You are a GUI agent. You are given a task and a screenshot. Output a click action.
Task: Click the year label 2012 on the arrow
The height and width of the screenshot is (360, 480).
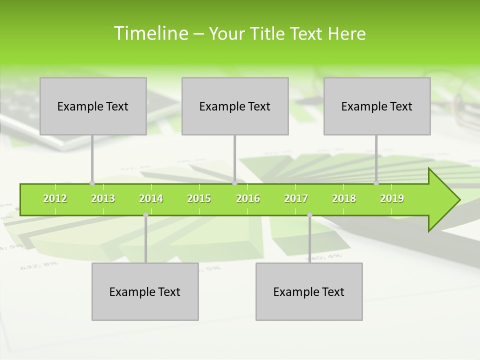pyautogui.click(x=55, y=198)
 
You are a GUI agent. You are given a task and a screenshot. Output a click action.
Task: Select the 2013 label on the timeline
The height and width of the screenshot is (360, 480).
pyautogui.click(x=103, y=198)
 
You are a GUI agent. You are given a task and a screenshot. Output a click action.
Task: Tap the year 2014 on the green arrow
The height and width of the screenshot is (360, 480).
pyautogui.click(x=151, y=198)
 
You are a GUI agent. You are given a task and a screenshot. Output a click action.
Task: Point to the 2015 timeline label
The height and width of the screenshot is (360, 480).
pyautogui.click(x=199, y=198)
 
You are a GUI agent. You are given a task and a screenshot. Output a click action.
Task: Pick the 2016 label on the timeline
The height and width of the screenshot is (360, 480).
pyautogui.click(x=248, y=198)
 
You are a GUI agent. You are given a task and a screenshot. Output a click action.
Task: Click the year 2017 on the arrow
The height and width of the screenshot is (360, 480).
pyautogui.click(x=296, y=198)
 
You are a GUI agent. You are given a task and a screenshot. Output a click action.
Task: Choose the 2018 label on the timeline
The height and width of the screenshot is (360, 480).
pyautogui.click(x=344, y=198)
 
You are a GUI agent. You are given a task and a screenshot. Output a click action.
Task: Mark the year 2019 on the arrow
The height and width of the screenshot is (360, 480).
pyautogui.click(x=392, y=198)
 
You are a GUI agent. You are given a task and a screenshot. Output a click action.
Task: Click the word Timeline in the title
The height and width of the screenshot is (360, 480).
pyautogui.click(x=150, y=33)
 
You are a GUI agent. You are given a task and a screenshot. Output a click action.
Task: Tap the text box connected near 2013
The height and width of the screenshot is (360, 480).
pyautogui.click(x=93, y=106)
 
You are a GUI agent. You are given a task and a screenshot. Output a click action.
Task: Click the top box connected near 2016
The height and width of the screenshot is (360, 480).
pyautogui.click(x=235, y=106)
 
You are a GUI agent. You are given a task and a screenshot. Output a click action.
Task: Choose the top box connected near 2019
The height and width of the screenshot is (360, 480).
pyautogui.click(x=377, y=106)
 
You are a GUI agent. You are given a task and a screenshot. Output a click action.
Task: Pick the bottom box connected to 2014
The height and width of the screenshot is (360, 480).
pyautogui.click(x=145, y=291)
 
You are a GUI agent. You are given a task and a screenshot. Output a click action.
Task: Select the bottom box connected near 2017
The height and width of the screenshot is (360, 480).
pyautogui.click(x=309, y=291)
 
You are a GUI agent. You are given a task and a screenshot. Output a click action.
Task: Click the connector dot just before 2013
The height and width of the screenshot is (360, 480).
pyautogui.click(x=92, y=183)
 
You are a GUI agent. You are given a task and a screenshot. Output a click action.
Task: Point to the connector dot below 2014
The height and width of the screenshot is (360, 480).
pyautogui.click(x=145, y=215)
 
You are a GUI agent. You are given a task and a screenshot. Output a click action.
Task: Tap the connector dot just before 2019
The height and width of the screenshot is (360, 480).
pyautogui.click(x=376, y=183)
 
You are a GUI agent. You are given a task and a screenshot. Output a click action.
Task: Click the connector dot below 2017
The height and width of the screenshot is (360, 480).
pyautogui.click(x=309, y=215)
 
